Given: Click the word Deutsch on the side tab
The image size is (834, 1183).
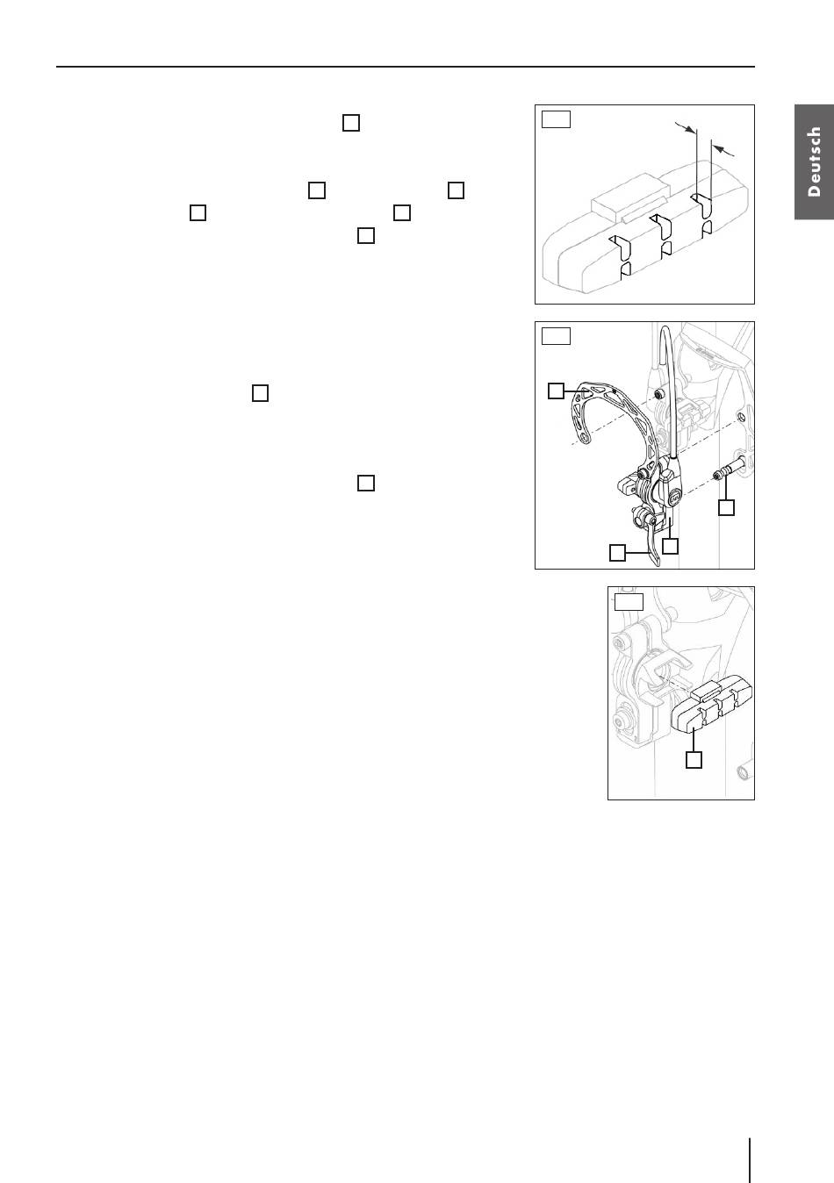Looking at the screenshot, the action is (x=815, y=161).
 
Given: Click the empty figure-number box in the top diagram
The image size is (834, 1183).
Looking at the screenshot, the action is (x=557, y=119).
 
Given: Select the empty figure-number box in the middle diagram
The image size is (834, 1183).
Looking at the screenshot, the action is (x=557, y=336).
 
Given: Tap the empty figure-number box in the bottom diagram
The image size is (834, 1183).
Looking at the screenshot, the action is (x=629, y=601).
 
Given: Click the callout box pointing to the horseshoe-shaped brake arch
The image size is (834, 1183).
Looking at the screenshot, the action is (x=556, y=391).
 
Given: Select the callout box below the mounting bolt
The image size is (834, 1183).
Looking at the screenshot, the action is (x=727, y=507).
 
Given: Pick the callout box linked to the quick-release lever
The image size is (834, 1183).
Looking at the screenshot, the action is (x=617, y=553).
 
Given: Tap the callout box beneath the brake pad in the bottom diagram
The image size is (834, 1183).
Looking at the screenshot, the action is (x=694, y=760).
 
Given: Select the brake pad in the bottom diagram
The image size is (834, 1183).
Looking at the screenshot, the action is (x=711, y=706).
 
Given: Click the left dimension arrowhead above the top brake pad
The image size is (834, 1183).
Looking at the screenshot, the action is (x=689, y=128).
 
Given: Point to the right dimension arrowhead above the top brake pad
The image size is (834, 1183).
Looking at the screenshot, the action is (x=718, y=149).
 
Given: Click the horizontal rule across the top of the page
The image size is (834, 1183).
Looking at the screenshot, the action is (x=406, y=67).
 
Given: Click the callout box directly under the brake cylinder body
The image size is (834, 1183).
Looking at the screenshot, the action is (x=670, y=546).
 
